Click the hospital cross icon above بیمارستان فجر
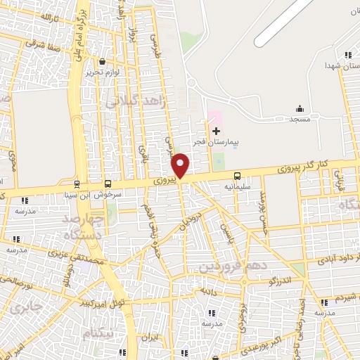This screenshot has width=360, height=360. click(216, 131)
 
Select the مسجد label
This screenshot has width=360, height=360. click(301, 120)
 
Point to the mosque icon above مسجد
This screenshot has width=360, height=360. click(300, 108)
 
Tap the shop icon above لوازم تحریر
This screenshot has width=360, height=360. click(103, 62)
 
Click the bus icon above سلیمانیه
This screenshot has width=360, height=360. click(237, 176)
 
